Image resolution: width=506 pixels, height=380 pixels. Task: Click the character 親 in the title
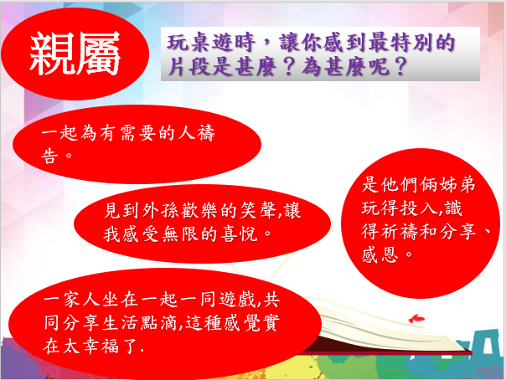click(x=52, y=54)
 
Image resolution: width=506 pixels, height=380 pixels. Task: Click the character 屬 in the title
click(x=98, y=54)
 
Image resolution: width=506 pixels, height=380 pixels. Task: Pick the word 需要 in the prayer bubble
click(x=138, y=133)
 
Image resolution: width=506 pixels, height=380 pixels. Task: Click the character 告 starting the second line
click(x=49, y=156)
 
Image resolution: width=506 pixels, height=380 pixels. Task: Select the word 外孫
click(x=152, y=211)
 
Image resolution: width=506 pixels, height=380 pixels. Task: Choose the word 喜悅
click(x=239, y=234)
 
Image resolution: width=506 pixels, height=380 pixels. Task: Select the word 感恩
click(x=380, y=254)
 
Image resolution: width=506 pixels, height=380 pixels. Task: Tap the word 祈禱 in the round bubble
click(x=400, y=231)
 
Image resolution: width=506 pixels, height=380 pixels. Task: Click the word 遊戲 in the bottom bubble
click(x=238, y=300)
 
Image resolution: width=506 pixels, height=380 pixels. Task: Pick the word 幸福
click(x=101, y=347)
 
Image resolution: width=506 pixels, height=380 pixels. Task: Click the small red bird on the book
click(x=416, y=318)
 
